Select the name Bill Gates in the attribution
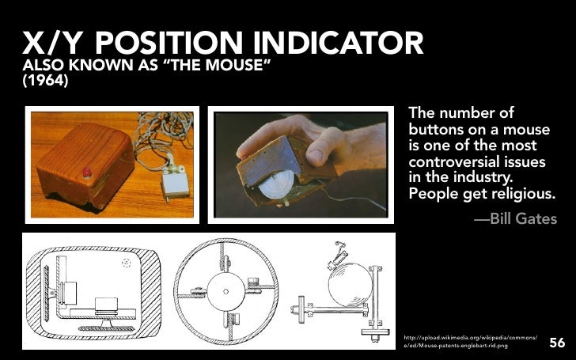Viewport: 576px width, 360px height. [x=524, y=218]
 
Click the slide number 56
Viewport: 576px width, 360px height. [x=557, y=343]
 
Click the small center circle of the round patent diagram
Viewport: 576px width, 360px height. [x=227, y=292]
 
